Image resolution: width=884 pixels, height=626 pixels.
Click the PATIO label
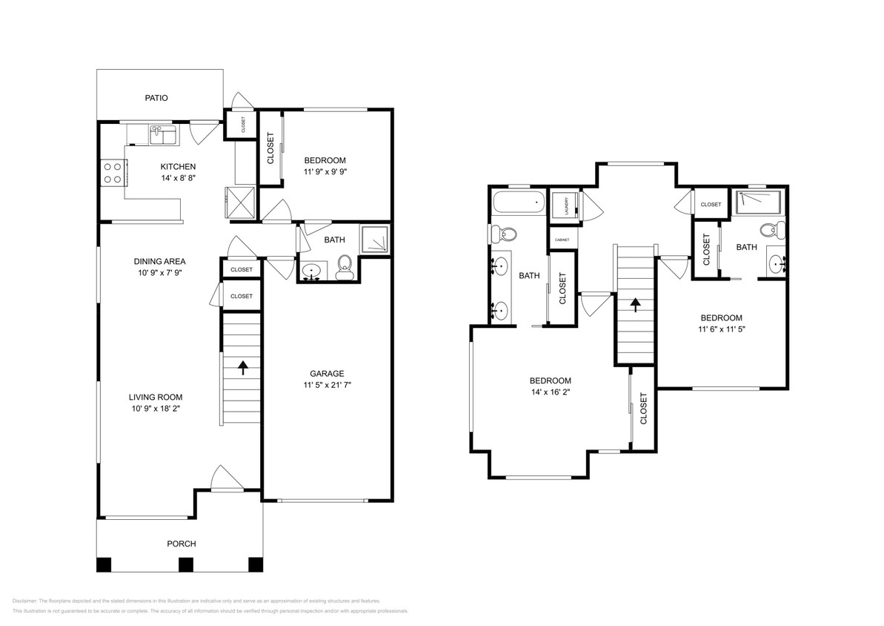pyautogui.click(x=156, y=97)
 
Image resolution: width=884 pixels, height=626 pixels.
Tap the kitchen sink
pyautogui.click(x=162, y=135)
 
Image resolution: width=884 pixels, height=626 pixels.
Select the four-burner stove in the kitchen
pyautogui.click(x=113, y=173)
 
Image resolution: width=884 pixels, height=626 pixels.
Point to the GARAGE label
pyautogui.click(x=327, y=373)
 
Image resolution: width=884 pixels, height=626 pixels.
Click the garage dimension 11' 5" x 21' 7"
pyautogui.click(x=327, y=386)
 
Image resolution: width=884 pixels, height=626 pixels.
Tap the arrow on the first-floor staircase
pyautogui.click(x=242, y=366)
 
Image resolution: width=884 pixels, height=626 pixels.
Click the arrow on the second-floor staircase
pyautogui.click(x=635, y=303)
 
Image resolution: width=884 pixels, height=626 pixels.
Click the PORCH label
pyautogui.click(x=181, y=544)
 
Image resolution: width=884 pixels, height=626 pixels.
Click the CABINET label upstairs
pyautogui.click(x=561, y=239)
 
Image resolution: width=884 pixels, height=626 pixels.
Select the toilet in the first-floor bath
pyautogui.click(x=345, y=265)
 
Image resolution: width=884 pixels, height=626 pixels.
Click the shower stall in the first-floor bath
pyautogui.click(x=375, y=240)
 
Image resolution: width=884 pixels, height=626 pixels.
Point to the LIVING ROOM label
pyautogui.click(x=155, y=397)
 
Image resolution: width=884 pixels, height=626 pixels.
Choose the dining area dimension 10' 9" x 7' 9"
pyautogui.click(x=159, y=273)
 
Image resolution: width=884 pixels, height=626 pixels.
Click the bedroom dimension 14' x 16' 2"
pyautogui.click(x=550, y=393)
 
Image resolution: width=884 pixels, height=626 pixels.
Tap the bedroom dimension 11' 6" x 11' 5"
pyautogui.click(x=721, y=329)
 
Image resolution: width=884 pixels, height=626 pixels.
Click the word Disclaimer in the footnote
pyautogui.click(x=24, y=601)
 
